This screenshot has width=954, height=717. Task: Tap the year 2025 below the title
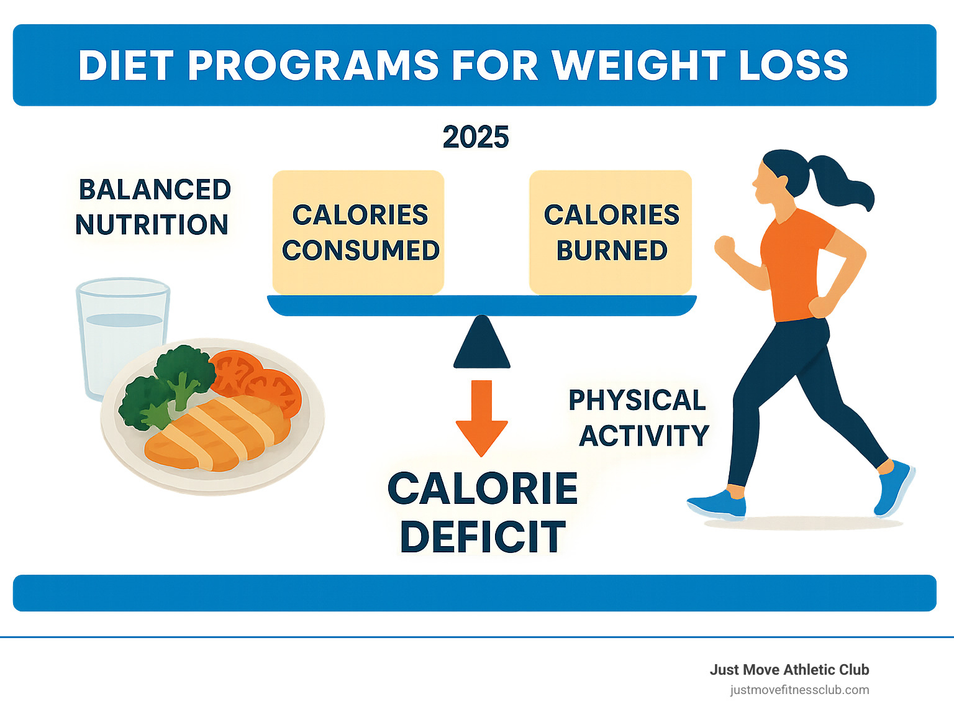(476, 137)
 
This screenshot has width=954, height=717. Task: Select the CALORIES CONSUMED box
(358, 232)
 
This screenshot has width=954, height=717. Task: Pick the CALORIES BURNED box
(610, 232)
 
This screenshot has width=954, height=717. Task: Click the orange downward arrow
(481, 418)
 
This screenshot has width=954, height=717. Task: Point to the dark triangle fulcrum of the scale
(481, 342)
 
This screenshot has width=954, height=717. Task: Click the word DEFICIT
(483, 537)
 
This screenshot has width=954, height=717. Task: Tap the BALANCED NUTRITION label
(153, 207)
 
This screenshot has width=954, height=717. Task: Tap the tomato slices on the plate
(257, 380)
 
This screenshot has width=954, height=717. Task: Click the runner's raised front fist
(725, 247)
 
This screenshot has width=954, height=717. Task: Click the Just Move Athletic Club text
(789, 670)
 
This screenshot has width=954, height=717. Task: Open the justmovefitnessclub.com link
(799, 690)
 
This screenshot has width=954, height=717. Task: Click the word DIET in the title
(126, 66)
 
